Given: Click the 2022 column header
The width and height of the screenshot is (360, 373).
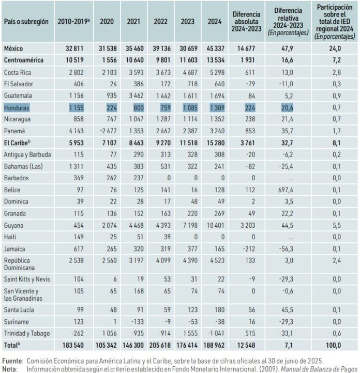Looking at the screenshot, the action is pos(160,22).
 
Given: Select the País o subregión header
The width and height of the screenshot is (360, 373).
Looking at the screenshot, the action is pos(26,22).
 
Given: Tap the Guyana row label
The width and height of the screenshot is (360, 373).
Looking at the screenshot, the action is pos(13,225).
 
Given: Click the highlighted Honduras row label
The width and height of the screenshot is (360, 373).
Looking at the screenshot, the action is pos(17,108).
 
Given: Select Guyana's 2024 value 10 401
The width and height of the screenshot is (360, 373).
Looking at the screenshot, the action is pos(216,225).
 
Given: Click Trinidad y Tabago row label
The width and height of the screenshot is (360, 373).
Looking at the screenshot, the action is pos(27,334).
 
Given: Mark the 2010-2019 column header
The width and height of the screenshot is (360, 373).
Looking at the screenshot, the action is pos(73,22).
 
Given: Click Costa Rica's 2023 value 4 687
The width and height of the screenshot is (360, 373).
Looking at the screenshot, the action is pos(190,72).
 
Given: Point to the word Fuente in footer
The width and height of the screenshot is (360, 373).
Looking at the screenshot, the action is pos(12,361).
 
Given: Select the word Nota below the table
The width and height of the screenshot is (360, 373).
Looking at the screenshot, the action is pos(9,369).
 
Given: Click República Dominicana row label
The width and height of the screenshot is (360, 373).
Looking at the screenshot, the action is pos(19,264).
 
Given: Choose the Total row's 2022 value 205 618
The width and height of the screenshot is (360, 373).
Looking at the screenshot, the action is pos(160,345).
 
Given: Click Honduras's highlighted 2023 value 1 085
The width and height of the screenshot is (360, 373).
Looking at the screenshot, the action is pos(190,108).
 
